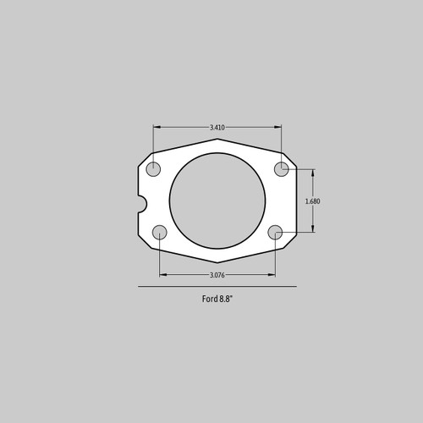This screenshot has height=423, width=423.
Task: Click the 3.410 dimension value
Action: coord(217,128)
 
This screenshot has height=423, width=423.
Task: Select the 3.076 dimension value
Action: coord(217,275)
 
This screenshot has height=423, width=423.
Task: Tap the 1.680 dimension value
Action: coord(313,201)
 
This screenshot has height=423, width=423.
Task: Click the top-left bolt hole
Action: coord(153,169)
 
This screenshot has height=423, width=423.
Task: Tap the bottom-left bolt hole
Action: coord(159,233)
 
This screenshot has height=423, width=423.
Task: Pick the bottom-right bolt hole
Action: coord(276,233)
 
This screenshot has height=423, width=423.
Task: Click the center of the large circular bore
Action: coord(217,201)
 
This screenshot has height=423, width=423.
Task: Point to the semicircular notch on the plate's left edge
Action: coord(141,203)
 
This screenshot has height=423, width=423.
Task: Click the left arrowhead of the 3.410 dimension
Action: coord(156,128)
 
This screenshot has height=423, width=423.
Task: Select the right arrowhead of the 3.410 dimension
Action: coord(280,128)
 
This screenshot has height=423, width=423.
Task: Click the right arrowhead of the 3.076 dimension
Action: coord(273,275)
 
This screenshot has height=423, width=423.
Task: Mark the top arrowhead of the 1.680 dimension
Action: coord(313,172)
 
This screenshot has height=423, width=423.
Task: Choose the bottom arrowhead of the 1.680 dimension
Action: coord(313,230)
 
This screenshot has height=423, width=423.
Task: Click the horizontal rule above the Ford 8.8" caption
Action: coord(217,288)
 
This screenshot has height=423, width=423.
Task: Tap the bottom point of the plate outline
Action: coord(217,262)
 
